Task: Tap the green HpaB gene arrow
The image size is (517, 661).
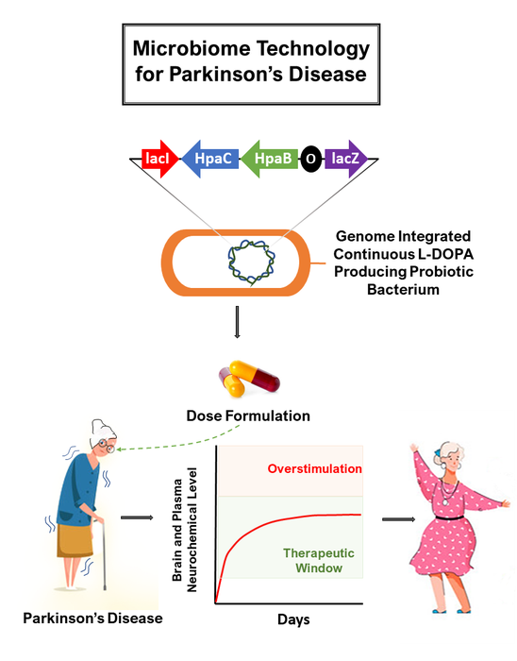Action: [x=270, y=160]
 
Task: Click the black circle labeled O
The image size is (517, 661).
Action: [x=310, y=161]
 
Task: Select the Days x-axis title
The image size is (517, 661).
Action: [x=293, y=620]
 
